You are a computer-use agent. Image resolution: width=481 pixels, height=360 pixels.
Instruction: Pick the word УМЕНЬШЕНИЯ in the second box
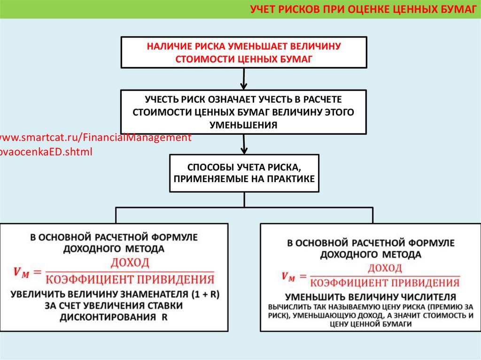point(243,125)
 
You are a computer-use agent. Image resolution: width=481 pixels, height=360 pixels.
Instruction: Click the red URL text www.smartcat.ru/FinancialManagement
point(96,138)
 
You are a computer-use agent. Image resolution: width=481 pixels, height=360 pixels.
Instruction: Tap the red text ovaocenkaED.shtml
point(46,152)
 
